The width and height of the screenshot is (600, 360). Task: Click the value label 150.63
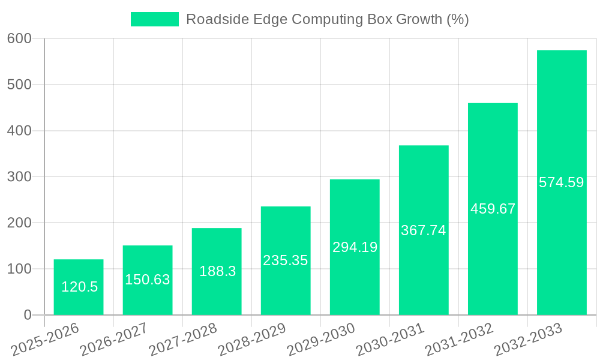point(148,280)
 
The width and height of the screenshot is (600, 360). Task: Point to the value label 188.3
point(217,271)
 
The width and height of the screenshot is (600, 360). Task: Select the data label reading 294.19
point(355,247)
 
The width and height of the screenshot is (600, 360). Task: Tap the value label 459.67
point(493,209)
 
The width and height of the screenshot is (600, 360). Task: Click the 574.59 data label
point(562,182)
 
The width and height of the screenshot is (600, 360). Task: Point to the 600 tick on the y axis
point(20,38)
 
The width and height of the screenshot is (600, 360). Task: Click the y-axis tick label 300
point(20,176)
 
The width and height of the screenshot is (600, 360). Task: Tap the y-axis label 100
point(20,269)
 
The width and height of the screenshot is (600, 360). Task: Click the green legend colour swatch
point(155,19)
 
